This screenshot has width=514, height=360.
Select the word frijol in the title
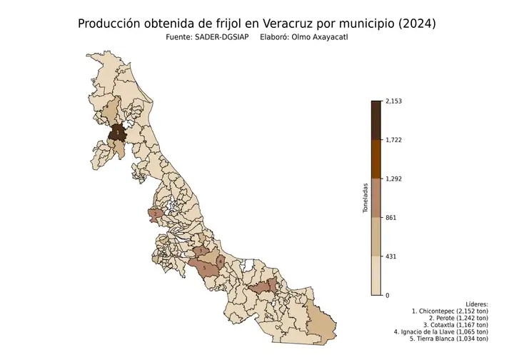[222, 24]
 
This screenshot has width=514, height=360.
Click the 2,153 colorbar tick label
[394, 101]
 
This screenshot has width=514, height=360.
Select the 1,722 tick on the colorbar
[394, 140]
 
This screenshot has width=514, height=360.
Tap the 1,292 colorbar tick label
[394, 179]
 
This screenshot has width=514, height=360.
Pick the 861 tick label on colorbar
[391, 217]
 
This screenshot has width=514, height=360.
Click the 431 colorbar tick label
[391, 256]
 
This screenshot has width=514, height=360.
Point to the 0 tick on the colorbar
[388, 295]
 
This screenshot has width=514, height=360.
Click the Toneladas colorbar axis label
[365, 198]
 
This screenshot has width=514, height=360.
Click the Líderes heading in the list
[476, 304]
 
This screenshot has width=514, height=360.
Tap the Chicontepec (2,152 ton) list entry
[450, 312]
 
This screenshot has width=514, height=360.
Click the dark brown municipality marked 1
[117, 133]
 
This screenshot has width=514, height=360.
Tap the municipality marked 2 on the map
[156, 214]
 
